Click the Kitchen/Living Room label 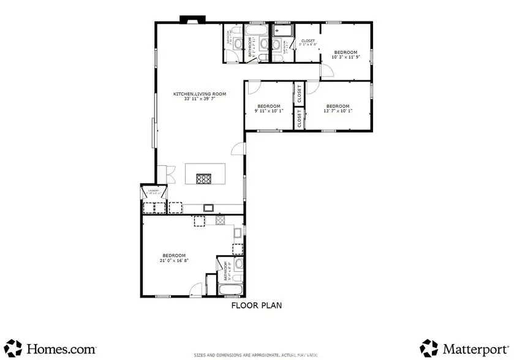pos(200,94)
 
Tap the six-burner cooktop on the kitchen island pos(203,179)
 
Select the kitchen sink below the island pos(208,208)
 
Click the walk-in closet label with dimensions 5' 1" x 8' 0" pos(307,43)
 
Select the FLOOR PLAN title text pos(256,306)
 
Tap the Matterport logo pos(463,348)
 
